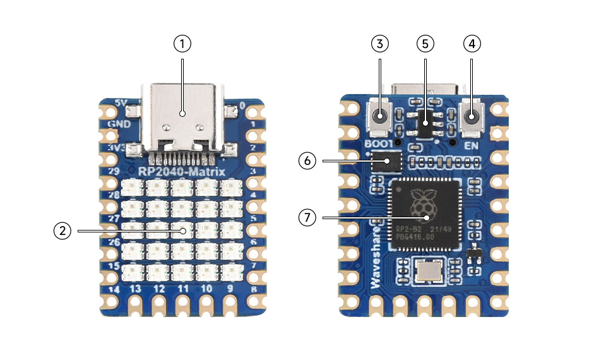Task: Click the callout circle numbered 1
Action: pos(182,44)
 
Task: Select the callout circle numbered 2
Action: pos(61,231)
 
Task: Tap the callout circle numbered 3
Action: pos(380,44)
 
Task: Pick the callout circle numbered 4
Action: pos(472,44)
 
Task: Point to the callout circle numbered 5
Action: pos(425,44)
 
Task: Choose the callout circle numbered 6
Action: pos(307,161)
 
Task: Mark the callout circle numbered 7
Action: pos(307,218)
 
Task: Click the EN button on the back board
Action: pos(472,117)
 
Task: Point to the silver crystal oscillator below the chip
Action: pos(429,272)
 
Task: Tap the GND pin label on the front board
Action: pos(119,124)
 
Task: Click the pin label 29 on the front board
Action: pos(114,171)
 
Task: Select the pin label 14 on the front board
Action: pos(114,290)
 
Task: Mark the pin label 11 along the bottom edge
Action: pos(183,289)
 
